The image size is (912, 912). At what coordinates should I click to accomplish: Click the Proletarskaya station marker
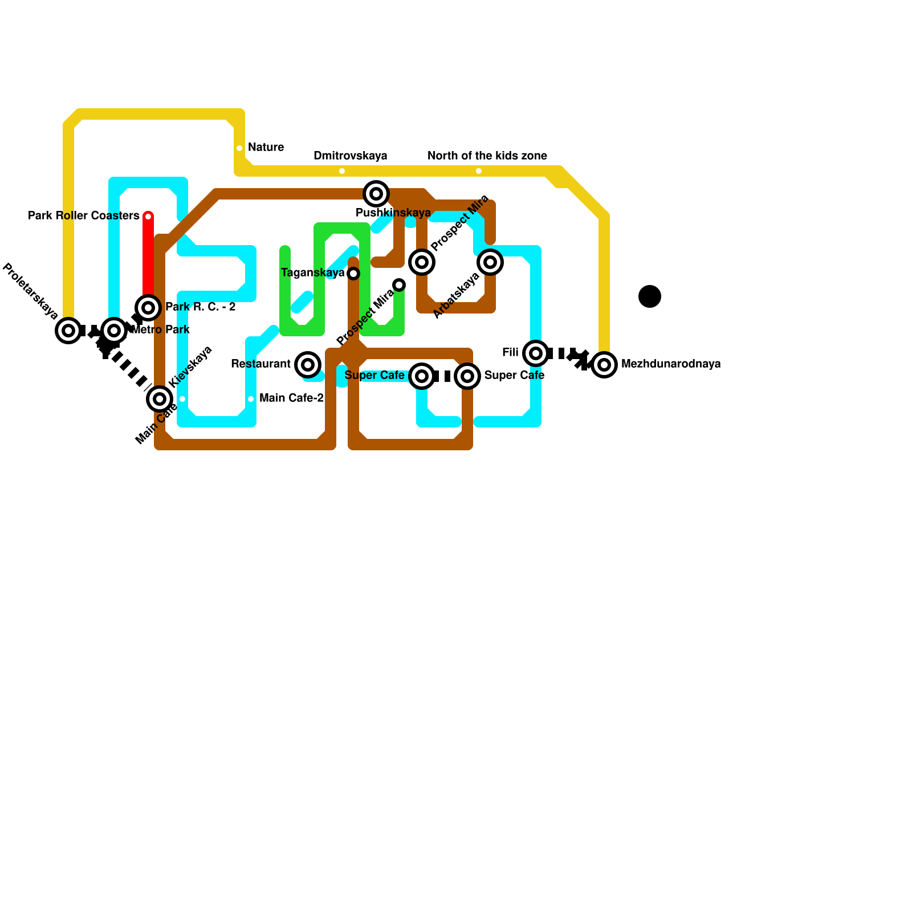tap(68, 331)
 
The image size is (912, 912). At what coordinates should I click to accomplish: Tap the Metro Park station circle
tap(114, 331)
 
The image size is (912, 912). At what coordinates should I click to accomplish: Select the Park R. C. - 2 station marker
tap(148, 308)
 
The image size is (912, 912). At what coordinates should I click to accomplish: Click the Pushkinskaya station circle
tap(376, 194)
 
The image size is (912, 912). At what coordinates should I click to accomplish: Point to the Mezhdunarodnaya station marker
tap(604, 365)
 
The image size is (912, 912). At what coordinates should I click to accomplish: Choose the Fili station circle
tap(536, 353)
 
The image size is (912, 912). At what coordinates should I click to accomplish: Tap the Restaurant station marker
tap(308, 365)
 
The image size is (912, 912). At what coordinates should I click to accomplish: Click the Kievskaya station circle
tap(160, 399)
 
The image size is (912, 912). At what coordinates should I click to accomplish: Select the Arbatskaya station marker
tap(490, 262)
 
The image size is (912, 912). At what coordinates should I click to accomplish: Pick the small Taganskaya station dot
tap(353, 274)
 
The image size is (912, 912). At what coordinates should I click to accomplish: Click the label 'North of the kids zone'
tap(487, 156)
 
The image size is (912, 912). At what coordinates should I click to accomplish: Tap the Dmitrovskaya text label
tap(351, 156)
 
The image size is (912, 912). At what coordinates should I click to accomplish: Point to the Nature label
tap(266, 147)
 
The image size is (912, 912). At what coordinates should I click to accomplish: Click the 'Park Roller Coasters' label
tap(84, 215)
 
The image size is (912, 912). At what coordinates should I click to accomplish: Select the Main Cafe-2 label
tap(291, 398)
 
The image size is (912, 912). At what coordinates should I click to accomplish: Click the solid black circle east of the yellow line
tap(650, 296)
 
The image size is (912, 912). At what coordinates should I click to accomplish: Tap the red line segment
tap(148, 256)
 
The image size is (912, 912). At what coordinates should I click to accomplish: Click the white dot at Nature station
tap(239, 148)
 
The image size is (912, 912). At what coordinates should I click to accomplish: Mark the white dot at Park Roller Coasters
tap(148, 217)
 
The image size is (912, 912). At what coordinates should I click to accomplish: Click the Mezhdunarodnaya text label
tap(671, 364)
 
